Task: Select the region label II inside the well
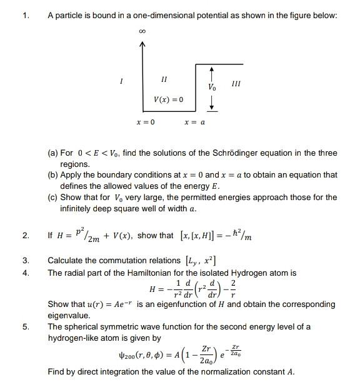164,79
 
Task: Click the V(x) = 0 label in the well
169,99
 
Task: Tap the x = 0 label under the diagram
145,122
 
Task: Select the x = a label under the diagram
194,122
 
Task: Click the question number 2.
25,236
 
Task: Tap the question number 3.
25,260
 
